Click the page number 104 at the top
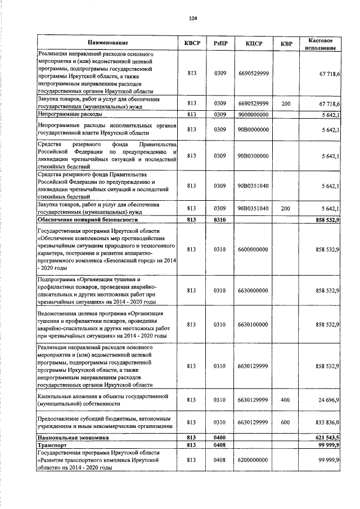(193, 18)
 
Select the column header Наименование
(107, 43)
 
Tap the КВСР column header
(191, 43)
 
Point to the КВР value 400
(286, 399)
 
